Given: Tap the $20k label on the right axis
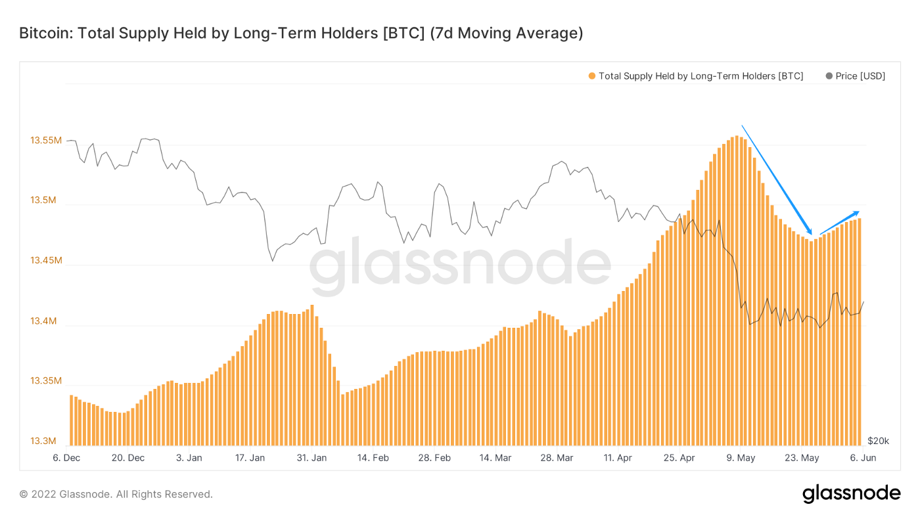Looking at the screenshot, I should pyautogui.click(x=878, y=441).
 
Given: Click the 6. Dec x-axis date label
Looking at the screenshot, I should pyautogui.click(x=66, y=458).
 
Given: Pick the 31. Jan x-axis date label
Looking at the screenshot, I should pyautogui.click(x=312, y=458).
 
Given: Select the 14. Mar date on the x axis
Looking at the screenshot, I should pyautogui.click(x=495, y=458).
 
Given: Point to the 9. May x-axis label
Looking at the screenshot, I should pyautogui.click(x=741, y=458).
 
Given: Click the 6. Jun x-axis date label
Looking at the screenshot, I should pyautogui.click(x=863, y=458).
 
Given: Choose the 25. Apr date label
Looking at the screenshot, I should pyautogui.click(x=679, y=458).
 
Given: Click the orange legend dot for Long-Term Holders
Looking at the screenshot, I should pyautogui.click(x=592, y=76).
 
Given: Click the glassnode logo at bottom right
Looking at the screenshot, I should pyautogui.click(x=851, y=493).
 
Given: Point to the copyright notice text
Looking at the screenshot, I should pyautogui.click(x=116, y=494).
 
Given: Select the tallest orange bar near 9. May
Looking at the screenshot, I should pyautogui.click(x=737, y=289).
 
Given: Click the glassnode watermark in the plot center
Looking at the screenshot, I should pyautogui.click(x=460, y=266).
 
